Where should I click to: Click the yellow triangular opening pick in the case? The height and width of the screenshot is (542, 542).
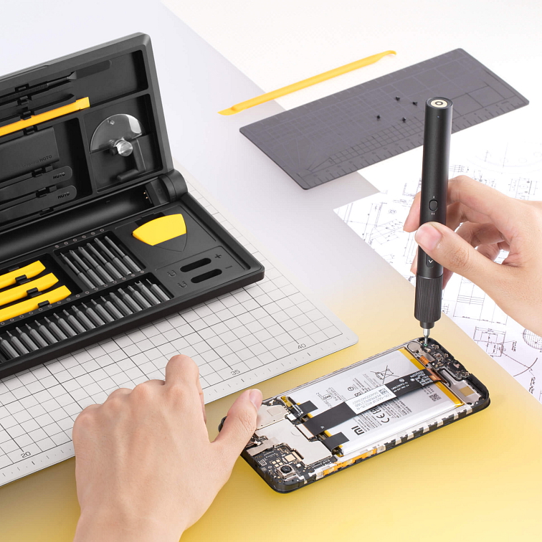[x=161, y=229]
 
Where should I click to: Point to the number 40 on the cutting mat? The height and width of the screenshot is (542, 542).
[x=301, y=346]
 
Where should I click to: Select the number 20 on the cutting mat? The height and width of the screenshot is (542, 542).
[x=26, y=455]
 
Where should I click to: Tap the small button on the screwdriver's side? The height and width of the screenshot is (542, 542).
[x=432, y=205]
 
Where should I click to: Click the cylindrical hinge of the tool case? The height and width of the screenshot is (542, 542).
[x=171, y=187]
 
